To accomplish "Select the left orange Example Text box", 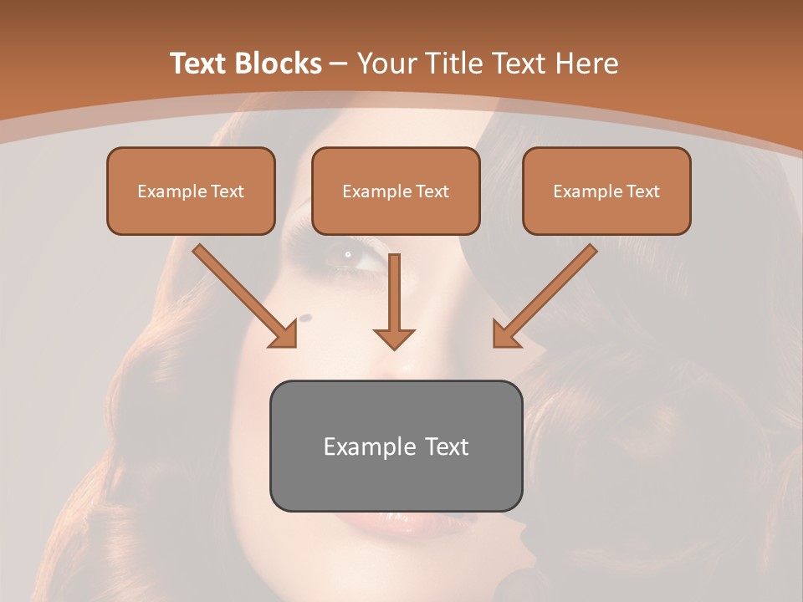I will (x=191, y=191).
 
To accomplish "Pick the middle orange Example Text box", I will (x=396, y=191).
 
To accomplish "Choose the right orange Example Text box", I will (x=606, y=191).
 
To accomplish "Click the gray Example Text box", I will (x=396, y=446).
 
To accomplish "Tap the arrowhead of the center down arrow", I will (x=394, y=338).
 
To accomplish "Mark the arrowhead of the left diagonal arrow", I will (x=285, y=335).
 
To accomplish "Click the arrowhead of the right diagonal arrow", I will (x=504, y=334).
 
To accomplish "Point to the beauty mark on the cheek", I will (x=304, y=317).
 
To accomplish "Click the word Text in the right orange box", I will (x=642, y=191).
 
